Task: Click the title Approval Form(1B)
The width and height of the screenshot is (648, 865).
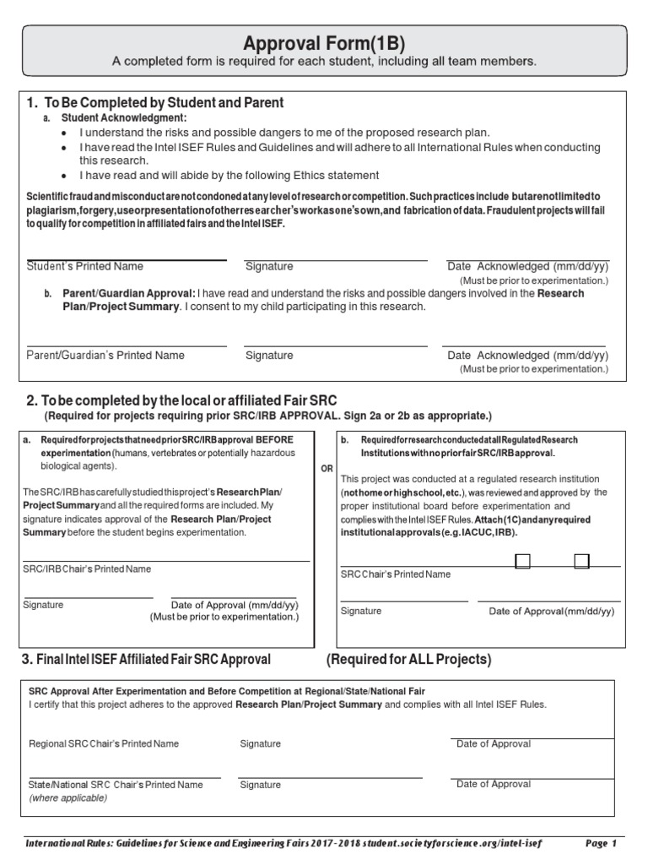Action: [325, 43]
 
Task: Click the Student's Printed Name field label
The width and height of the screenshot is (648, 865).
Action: [85, 266]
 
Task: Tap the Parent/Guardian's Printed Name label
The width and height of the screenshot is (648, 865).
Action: [105, 356]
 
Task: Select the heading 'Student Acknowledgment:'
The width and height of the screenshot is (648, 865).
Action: [124, 118]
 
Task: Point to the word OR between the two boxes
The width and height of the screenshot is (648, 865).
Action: [327, 469]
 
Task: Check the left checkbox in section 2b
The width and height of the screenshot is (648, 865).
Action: [522, 561]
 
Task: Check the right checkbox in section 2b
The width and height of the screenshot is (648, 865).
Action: [581, 561]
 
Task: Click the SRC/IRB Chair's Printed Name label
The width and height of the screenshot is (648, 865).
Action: [87, 569]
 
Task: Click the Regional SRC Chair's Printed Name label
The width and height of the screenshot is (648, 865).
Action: [104, 744]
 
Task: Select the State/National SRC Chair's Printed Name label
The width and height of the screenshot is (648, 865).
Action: [116, 785]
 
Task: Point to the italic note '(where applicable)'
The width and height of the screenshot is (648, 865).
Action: [63, 797]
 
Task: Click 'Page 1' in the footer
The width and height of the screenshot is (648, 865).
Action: [602, 844]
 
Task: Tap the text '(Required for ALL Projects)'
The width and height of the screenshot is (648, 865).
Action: [408, 660]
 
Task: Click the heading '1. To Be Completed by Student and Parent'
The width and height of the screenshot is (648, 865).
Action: [155, 103]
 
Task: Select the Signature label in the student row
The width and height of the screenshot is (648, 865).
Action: [269, 266]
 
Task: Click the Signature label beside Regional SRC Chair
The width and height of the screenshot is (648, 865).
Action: [260, 744]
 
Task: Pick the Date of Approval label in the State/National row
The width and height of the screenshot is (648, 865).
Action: [494, 784]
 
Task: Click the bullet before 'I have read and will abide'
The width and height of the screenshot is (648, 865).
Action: [67, 176]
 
